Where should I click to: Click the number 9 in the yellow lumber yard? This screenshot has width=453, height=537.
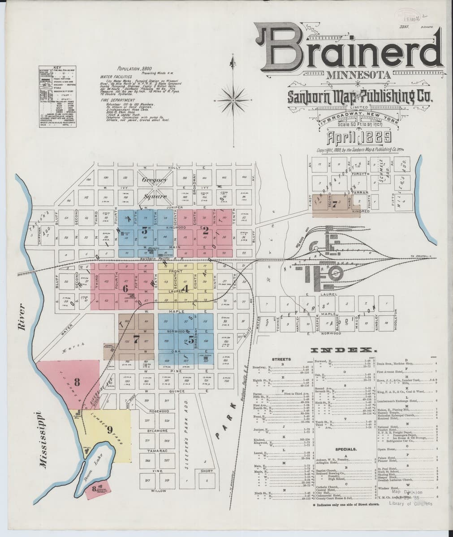109,430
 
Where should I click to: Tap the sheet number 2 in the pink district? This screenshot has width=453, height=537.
206,231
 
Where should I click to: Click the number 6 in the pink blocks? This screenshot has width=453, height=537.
125,288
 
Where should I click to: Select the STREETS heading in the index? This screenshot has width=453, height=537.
281,359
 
